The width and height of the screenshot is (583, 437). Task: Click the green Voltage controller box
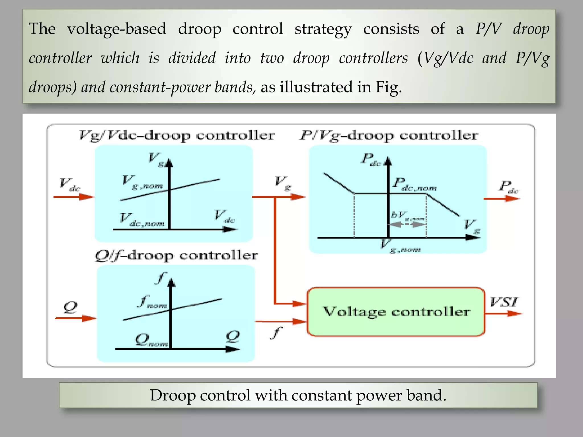396,312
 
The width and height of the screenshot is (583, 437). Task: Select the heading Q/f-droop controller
176,255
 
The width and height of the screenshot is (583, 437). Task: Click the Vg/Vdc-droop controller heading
177,135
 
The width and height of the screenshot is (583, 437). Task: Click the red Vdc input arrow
73,197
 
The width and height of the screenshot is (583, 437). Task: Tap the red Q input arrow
75,318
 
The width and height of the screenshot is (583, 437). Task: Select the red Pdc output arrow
502,198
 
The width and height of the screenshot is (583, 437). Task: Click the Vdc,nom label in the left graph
142,220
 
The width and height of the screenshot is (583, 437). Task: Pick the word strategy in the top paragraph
323,29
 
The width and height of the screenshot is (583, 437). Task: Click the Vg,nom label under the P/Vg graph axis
400,247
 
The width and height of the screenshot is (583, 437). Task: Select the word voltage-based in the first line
117,29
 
